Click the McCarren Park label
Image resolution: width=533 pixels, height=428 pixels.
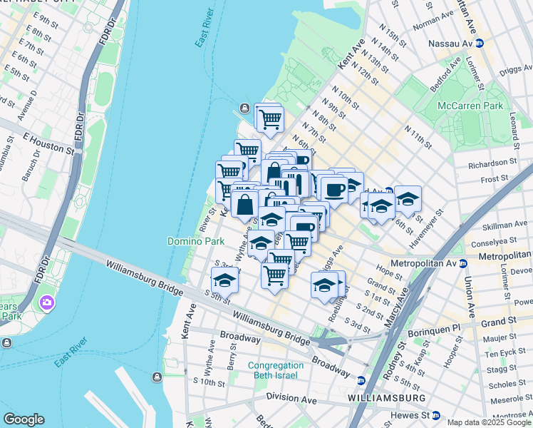[470, 106]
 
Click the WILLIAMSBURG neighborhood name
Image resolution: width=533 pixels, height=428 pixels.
[387, 397]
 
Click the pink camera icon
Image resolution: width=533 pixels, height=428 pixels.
[48, 302]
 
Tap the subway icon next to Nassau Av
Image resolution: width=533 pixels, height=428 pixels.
[480, 44]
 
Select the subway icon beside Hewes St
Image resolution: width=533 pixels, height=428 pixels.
[436, 415]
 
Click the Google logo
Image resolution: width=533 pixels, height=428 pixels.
[24, 419]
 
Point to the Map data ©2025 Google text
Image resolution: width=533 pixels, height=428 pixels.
[489, 422]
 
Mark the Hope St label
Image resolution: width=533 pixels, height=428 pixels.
[389, 271]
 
